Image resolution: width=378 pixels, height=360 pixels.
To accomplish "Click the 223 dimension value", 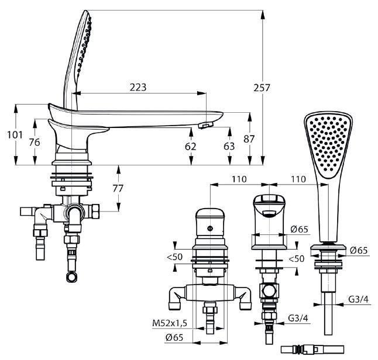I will [138, 87].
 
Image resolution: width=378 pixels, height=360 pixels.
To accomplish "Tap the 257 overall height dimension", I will [262, 88].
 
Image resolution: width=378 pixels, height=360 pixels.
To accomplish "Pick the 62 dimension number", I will [191, 146].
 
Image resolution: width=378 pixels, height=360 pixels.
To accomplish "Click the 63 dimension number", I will [229, 146].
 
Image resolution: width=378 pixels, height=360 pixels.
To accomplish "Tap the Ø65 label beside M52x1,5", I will [174, 337].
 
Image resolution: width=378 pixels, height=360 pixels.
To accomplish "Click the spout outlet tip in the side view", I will [205, 124].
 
